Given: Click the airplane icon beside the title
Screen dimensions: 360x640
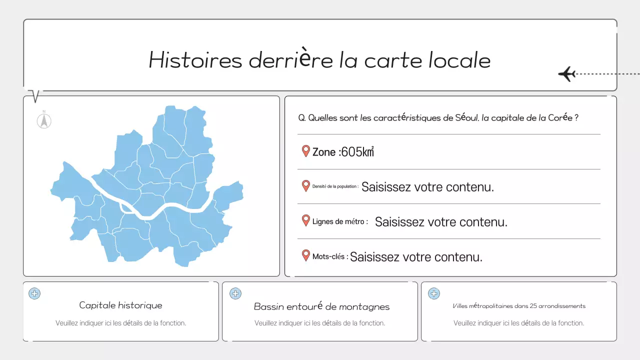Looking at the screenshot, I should (x=567, y=74).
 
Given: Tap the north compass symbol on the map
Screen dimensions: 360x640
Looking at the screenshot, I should (x=44, y=120).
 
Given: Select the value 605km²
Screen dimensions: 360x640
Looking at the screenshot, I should (x=357, y=152).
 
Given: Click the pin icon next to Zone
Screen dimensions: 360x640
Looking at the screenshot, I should (x=306, y=151).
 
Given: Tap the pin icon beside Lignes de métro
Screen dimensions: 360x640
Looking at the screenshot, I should (x=306, y=220).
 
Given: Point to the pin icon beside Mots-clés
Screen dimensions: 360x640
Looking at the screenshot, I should (x=306, y=255).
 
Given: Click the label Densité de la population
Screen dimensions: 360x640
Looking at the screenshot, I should (x=335, y=186).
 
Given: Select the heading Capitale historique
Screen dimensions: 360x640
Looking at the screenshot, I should (x=120, y=305).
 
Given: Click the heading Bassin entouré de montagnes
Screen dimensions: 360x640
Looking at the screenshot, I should (x=321, y=306).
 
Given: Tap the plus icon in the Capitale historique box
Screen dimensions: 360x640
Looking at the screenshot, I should (x=34, y=293).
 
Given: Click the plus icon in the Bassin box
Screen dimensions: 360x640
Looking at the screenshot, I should (x=235, y=293).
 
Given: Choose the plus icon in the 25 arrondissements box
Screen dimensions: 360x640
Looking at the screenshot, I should (x=434, y=293).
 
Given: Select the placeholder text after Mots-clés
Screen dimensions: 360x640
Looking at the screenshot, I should (x=416, y=257).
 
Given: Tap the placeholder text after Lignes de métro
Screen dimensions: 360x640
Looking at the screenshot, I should (x=441, y=222).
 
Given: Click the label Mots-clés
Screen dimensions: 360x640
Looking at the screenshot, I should (x=329, y=256).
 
